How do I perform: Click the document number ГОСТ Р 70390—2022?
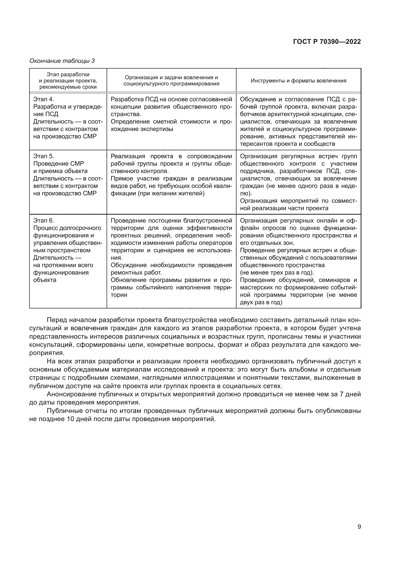pos(327,42)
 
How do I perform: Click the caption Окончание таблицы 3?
pos(62,61)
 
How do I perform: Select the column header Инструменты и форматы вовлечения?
pos(298,81)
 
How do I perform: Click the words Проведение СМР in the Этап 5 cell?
pos(59,164)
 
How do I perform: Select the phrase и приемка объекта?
pos(60,171)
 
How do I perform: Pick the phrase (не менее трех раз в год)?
pos(277,273)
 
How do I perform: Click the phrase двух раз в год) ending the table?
pos(261,302)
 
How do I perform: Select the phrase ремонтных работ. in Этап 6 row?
pos(136,273)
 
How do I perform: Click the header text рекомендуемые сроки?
pos(68,87)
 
